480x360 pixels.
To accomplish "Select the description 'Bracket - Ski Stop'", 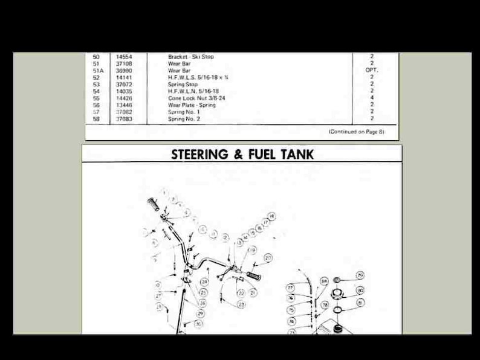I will point(191,57).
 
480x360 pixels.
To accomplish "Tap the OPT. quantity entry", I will point(372,70).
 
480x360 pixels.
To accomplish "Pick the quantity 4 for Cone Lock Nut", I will point(372,98).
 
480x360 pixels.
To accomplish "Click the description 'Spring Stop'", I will point(183,85).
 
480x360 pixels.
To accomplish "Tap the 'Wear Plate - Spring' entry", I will point(192,105).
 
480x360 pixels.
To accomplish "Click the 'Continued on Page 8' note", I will point(356,132).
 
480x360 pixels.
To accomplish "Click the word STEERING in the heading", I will point(199,155).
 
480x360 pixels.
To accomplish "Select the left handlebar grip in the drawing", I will point(154,204).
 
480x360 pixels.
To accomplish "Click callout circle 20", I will point(268,259).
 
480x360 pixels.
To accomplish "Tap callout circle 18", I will point(272,216).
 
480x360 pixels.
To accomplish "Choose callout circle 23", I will point(241,304).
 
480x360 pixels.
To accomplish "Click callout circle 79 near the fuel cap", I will point(360,275).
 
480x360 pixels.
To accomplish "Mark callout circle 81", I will point(361,302).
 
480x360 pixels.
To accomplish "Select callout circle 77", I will point(290,288).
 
